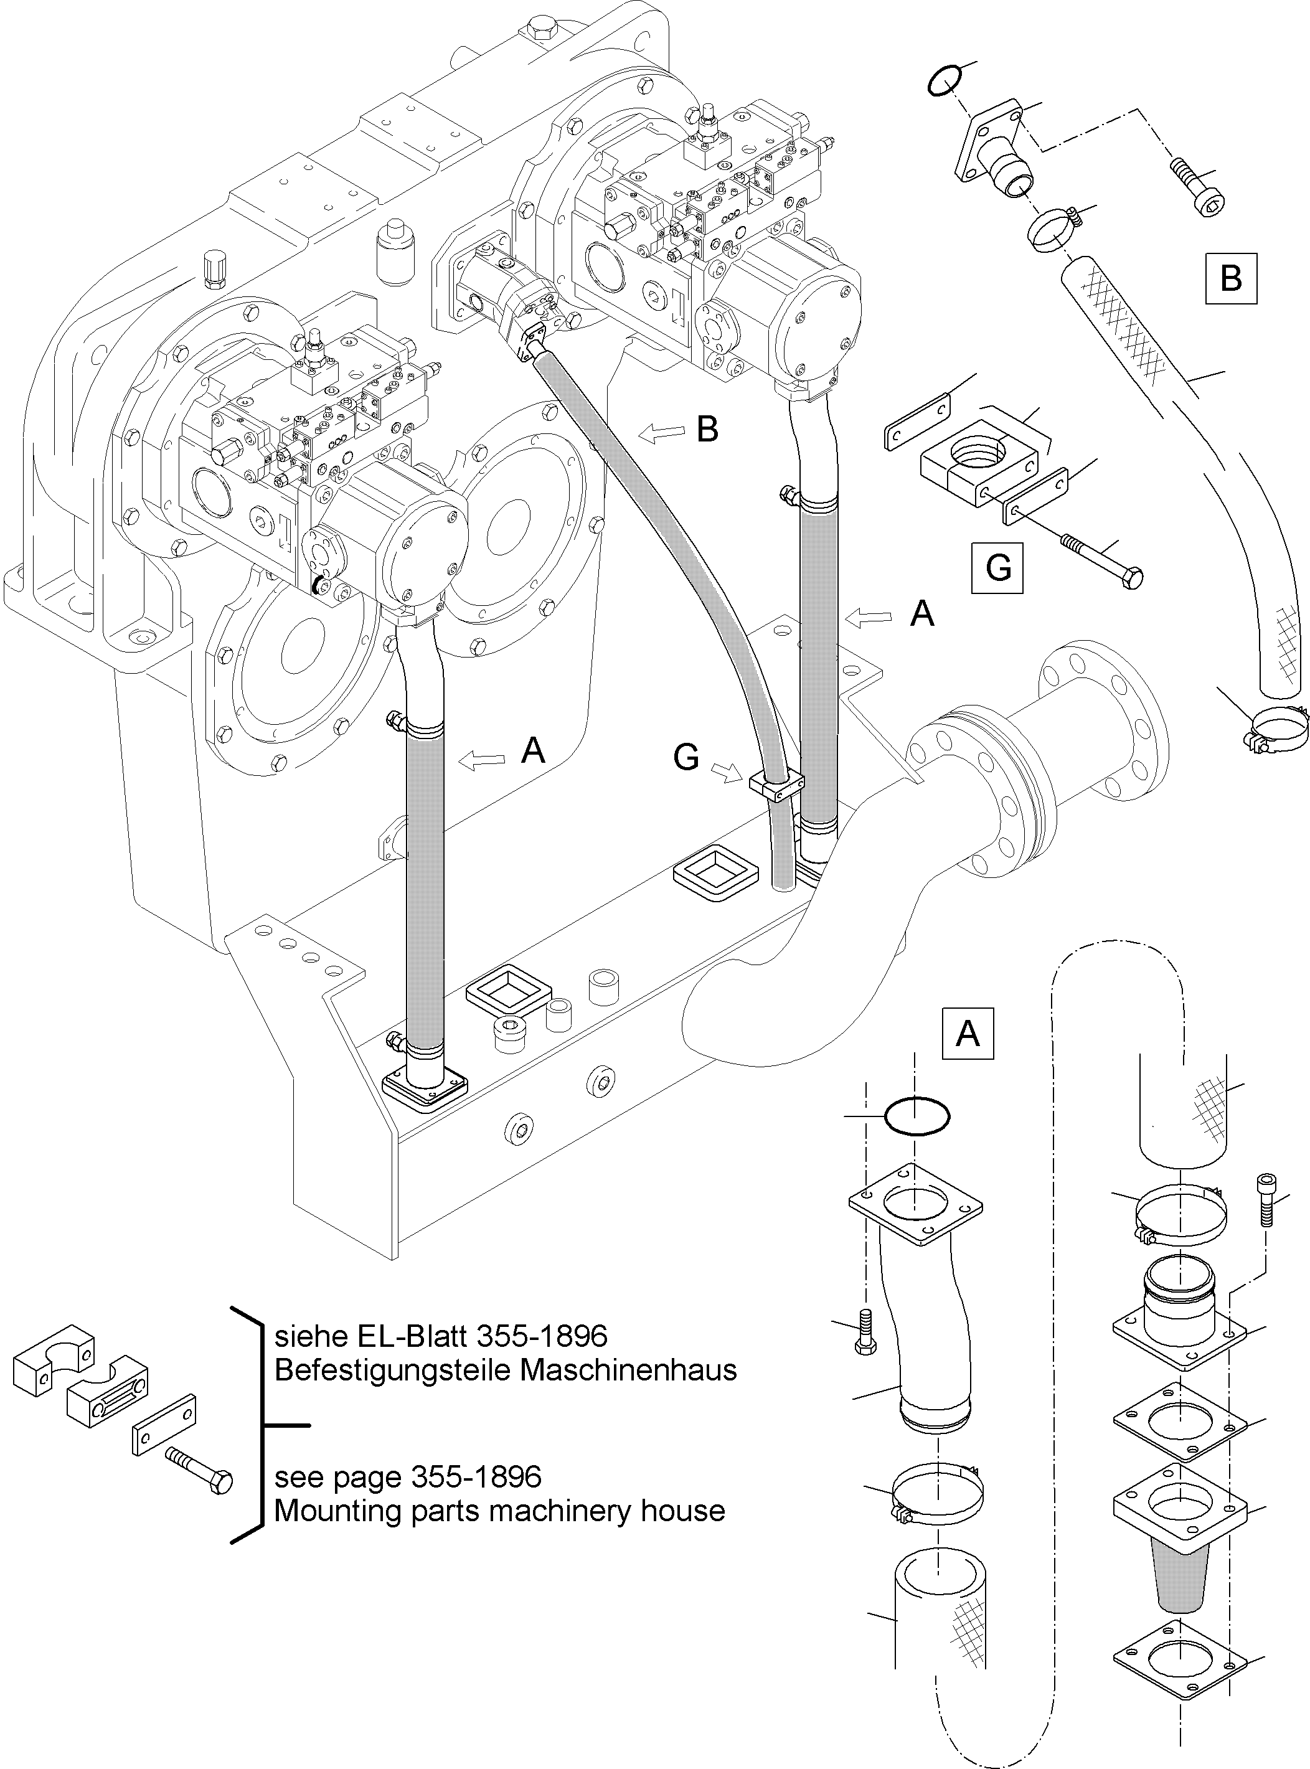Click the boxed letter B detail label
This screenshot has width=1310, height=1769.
point(1231,278)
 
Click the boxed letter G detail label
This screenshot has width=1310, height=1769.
point(997,568)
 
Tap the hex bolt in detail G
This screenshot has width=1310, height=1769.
point(1102,560)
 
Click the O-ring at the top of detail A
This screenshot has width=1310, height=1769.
point(917,1116)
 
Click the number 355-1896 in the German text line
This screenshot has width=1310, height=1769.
point(542,1336)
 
